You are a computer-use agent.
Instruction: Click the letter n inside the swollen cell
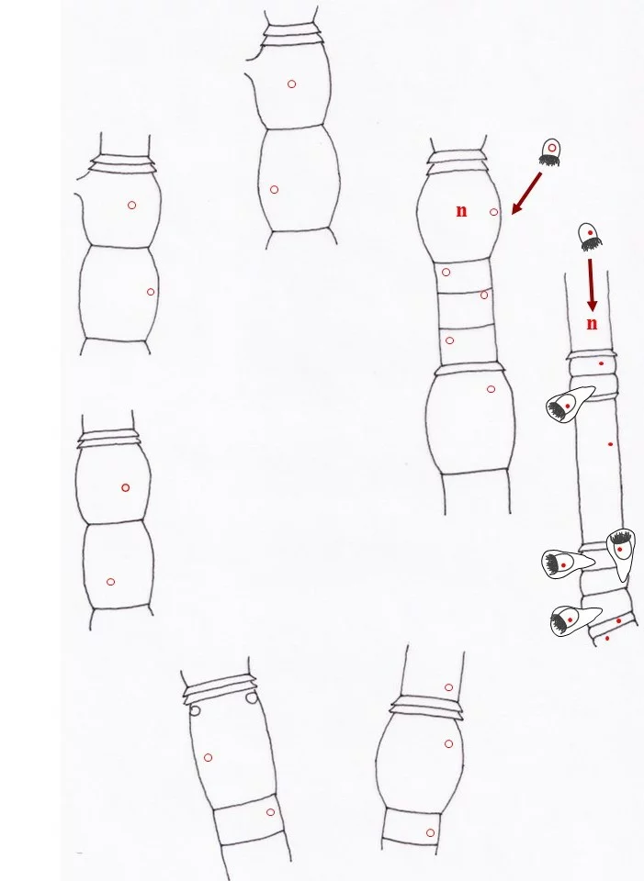(461, 211)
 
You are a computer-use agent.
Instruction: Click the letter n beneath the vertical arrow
(592, 324)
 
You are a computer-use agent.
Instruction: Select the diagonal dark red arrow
(526, 194)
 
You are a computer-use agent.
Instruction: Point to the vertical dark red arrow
(591, 284)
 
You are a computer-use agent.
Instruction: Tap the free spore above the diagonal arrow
(550, 152)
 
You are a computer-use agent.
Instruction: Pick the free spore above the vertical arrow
(590, 237)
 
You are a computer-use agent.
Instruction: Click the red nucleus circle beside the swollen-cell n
(494, 212)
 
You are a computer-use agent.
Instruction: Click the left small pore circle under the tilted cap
(195, 710)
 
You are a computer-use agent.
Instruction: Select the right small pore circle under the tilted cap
(252, 697)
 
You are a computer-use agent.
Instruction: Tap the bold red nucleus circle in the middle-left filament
(126, 487)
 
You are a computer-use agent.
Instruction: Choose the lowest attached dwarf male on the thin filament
(573, 621)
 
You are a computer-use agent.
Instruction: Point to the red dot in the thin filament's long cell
(611, 444)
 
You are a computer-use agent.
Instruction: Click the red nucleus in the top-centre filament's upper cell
(291, 84)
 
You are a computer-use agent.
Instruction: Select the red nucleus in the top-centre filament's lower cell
(274, 190)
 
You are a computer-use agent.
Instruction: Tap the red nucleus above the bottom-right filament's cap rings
(448, 687)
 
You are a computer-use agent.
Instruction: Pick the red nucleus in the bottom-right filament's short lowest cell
(430, 832)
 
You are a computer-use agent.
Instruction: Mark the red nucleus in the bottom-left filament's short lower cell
(270, 812)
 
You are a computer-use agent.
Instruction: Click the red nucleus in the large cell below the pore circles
(208, 758)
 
